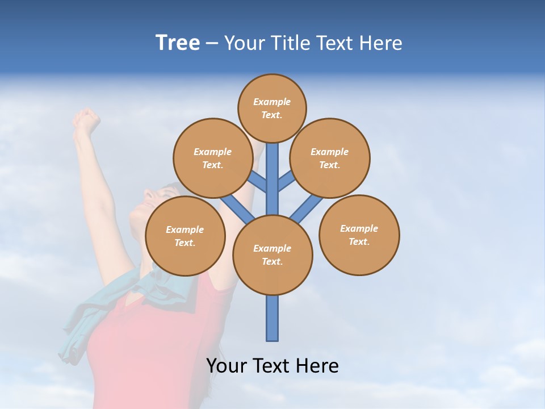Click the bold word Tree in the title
coord(178,43)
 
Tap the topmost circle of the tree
coord(272,108)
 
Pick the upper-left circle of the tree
coord(212,158)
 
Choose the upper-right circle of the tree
coord(330,158)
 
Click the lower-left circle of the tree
coord(185,236)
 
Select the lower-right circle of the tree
coord(359,235)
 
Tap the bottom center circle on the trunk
coord(272,254)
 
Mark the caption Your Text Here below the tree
coord(272,365)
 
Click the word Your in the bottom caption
coord(227,365)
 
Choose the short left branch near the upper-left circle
coord(258,182)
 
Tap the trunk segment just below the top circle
coord(272,165)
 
